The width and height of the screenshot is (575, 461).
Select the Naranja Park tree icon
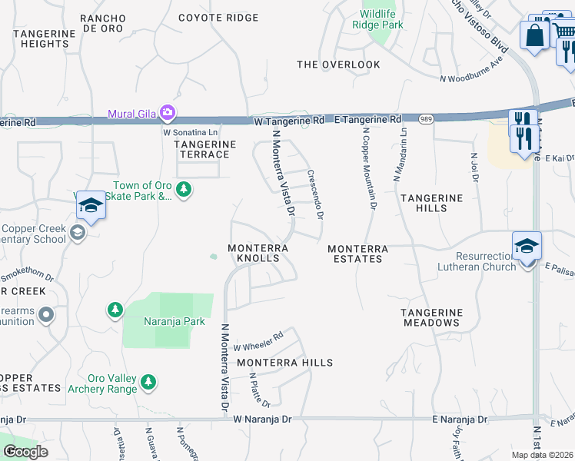[x=115, y=309]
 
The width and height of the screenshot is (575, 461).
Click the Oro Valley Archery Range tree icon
[x=148, y=382]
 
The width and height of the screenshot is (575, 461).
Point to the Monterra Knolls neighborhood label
[x=258, y=254]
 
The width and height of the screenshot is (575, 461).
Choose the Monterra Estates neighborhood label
[x=357, y=254]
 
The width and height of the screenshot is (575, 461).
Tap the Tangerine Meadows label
[x=431, y=317]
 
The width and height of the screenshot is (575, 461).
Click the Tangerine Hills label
[x=431, y=204]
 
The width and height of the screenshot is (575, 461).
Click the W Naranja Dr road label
[x=263, y=420]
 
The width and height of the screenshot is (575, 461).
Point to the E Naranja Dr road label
[x=460, y=420]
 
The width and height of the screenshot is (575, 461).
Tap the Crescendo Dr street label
[x=314, y=194]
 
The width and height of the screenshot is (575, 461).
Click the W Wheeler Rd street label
[x=259, y=340]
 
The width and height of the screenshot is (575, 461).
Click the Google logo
[x=25, y=452]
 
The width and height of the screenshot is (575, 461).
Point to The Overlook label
[x=338, y=65]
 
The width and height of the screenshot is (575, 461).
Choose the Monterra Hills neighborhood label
[x=284, y=363]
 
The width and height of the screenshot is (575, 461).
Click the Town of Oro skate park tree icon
[x=183, y=189]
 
